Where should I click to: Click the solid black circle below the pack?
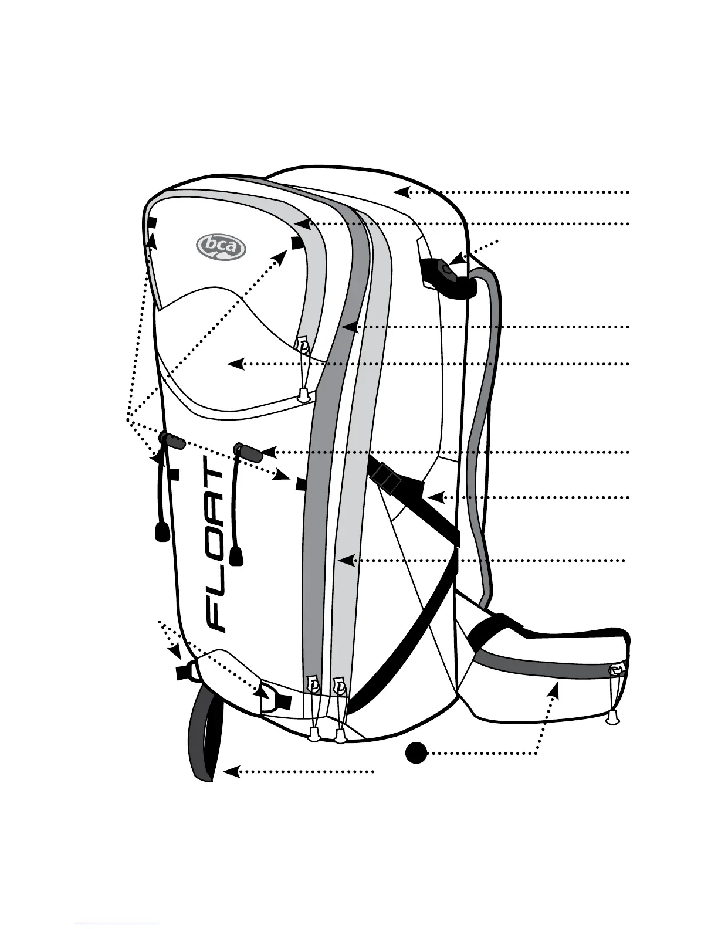pyautogui.click(x=416, y=752)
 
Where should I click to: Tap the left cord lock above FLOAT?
pyautogui.click(x=171, y=441)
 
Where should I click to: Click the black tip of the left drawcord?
pyautogui.click(x=162, y=531)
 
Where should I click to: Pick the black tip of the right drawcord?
pyautogui.click(x=236, y=555)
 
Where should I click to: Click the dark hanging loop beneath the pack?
pyautogui.click(x=205, y=733)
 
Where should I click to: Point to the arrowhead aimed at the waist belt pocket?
pyautogui.click(x=553, y=691)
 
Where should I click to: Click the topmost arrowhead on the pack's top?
pyautogui.click(x=400, y=191)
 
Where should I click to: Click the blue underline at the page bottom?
pyautogui.click(x=116, y=924)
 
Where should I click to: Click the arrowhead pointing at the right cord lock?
pyautogui.click(x=267, y=452)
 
